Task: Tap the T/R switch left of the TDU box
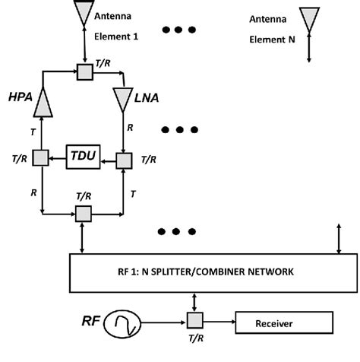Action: (x=35, y=158)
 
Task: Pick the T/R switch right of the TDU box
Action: (x=123, y=160)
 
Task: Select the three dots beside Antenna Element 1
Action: (x=181, y=30)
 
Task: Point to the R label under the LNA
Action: (x=131, y=130)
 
